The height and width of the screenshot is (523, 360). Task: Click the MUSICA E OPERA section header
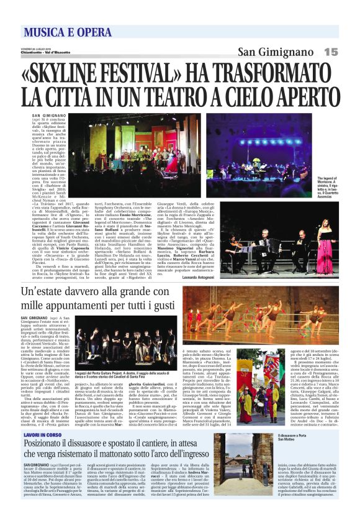[63, 31]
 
